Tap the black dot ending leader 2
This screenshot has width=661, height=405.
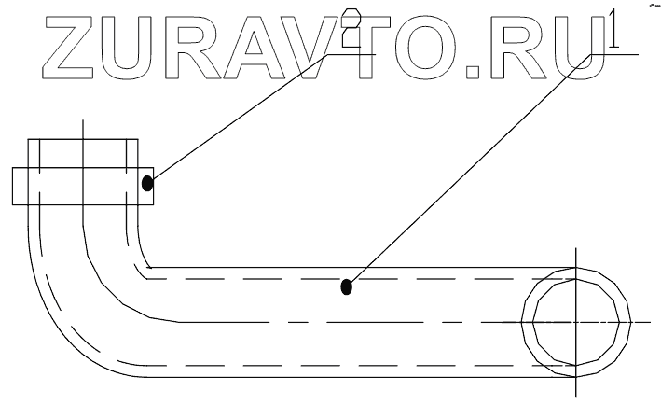tap(147, 183)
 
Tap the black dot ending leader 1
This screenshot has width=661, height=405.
tap(347, 286)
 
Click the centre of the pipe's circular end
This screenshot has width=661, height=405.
tap(575, 321)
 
